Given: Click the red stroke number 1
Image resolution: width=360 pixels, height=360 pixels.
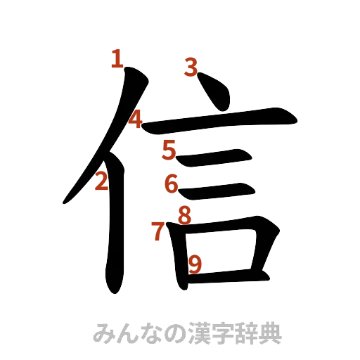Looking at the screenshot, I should click(117, 58).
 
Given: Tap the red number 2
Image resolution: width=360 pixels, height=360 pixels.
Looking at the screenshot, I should click(102, 181).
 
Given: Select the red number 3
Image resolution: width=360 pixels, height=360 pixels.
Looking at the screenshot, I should click(191, 67).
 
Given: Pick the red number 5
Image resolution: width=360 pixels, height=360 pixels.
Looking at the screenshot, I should click(170, 149).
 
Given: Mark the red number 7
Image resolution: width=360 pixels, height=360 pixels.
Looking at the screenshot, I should click(158, 230).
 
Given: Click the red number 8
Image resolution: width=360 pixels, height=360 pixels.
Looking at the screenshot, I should click(184, 214).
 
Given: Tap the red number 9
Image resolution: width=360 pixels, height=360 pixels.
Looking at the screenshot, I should click(195, 264).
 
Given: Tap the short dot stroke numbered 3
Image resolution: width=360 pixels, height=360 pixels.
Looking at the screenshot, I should click(214, 95).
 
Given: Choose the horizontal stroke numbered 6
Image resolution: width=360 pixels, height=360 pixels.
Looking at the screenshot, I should click(218, 189).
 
